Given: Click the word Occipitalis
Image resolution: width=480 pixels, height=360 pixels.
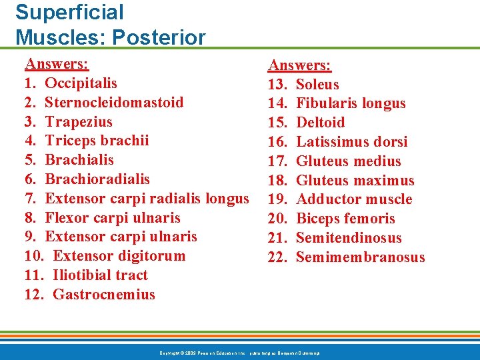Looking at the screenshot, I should [81, 83].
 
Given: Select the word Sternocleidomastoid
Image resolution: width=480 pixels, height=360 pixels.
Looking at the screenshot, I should [114, 103].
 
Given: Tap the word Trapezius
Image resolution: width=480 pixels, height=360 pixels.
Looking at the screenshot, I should [79, 122].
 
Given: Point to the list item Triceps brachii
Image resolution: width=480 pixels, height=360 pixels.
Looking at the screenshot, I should [97, 141].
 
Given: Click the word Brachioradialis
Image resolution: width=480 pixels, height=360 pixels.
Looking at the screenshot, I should [97, 179].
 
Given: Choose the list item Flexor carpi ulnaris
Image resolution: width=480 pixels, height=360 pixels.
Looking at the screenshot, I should [113, 218].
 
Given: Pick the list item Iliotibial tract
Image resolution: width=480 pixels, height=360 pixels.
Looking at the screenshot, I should [100, 275].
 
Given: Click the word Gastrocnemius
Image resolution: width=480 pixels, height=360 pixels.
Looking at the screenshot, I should [103, 295].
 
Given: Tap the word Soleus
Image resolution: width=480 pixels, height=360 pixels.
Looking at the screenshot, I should [317, 85].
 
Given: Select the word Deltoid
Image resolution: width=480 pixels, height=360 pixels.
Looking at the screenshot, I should [320, 123].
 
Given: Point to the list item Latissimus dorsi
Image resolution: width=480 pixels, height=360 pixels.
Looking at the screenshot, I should [351, 142].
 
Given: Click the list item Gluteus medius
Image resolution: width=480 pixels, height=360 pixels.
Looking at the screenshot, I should [348, 161].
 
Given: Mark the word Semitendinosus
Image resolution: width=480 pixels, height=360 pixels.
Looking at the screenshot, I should [349, 238].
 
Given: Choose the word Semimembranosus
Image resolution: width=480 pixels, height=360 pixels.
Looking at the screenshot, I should [360, 257].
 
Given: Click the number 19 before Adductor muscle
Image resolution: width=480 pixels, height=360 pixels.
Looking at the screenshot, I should [276, 199].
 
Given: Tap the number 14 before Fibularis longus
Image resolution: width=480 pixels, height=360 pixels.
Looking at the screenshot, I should [276, 103].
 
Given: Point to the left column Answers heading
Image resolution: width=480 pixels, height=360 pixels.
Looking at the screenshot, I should [57, 64].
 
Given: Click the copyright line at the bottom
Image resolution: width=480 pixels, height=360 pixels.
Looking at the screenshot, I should [239, 352].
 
